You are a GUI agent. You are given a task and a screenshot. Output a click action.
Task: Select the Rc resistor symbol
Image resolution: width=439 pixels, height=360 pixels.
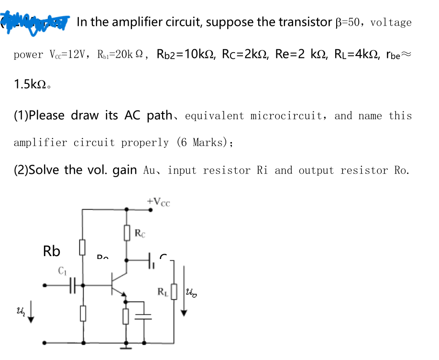[127, 233]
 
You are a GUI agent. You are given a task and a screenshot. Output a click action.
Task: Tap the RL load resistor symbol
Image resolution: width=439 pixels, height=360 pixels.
[174, 291]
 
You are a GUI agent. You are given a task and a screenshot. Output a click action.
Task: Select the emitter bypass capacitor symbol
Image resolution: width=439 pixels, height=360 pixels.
[143, 316]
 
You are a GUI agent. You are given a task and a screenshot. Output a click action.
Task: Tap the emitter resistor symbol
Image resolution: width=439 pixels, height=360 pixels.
[127, 316]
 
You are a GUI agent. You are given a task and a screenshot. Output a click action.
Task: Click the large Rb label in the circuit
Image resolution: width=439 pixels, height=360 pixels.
[52, 251]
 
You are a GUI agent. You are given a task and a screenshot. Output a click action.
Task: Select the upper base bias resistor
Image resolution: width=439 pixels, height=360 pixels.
[83, 247]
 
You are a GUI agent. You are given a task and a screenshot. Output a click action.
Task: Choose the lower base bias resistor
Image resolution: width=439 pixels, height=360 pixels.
[83, 314]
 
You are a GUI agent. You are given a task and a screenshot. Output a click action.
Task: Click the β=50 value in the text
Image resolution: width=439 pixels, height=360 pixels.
[349, 22]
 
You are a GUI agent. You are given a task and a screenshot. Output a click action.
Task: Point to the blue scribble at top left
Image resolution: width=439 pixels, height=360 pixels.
[36, 21]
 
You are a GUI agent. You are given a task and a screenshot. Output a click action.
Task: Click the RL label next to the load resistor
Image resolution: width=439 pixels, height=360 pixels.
[163, 290]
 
